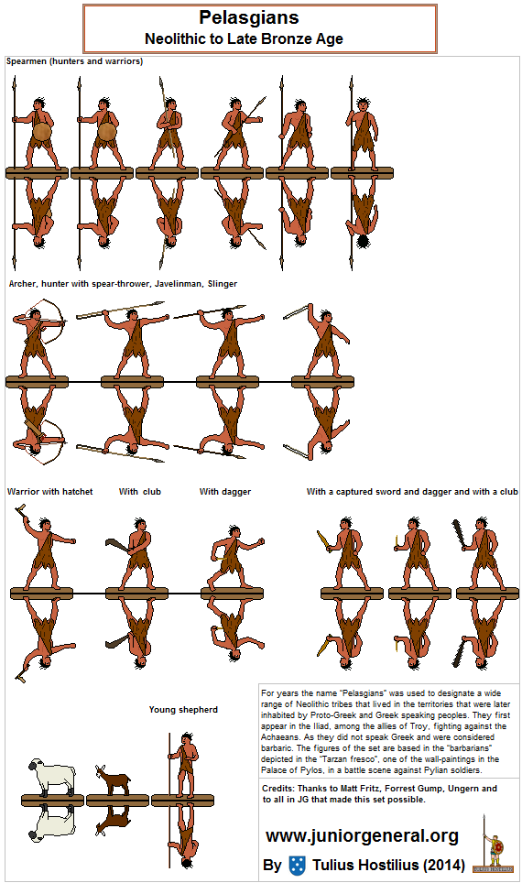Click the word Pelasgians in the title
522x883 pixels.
click(248, 18)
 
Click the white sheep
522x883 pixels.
click(52, 776)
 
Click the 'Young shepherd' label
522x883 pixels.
click(183, 710)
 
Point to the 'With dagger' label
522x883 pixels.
click(224, 492)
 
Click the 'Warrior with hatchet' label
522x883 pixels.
click(49, 492)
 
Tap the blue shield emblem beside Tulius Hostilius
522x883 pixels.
click(297, 865)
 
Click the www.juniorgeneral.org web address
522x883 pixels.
click(362, 836)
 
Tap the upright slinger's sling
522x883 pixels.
click(299, 312)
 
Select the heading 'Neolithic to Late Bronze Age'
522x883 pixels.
click(244, 38)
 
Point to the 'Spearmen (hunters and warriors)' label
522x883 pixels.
click(74, 61)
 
